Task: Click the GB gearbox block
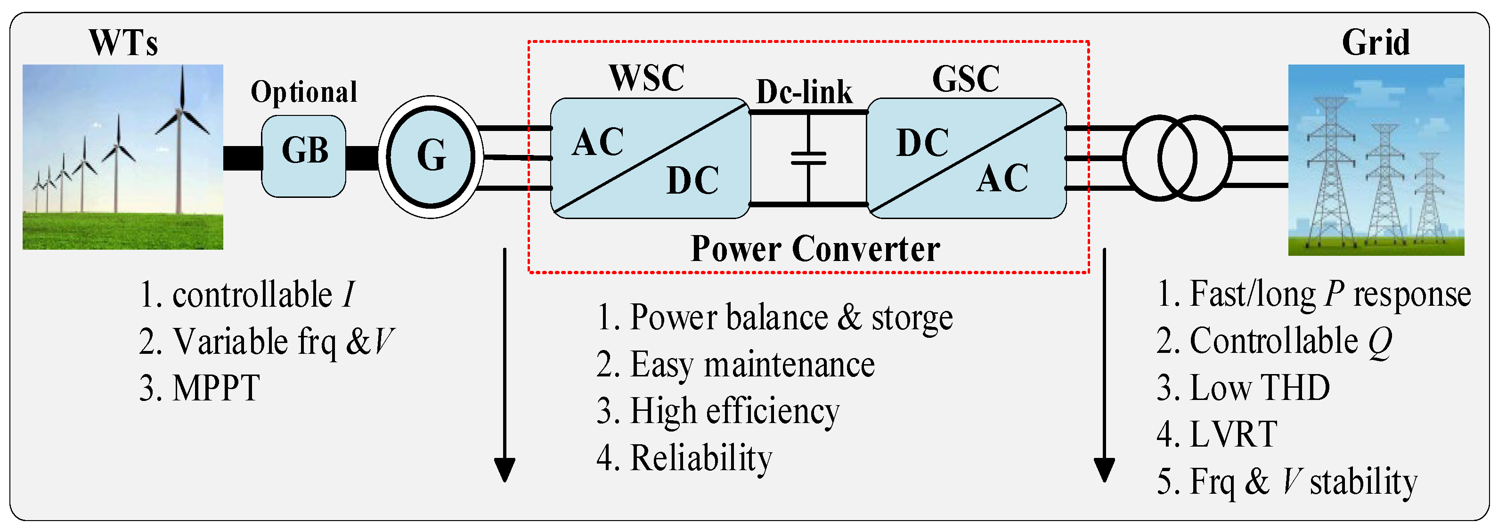pyautogui.click(x=303, y=156)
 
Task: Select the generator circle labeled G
pyautogui.click(x=431, y=156)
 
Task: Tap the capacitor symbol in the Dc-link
pyautogui.click(x=808, y=158)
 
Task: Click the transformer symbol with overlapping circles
pyautogui.click(x=1177, y=158)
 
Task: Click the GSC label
pyautogui.click(x=966, y=79)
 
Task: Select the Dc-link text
pyautogui.click(x=804, y=92)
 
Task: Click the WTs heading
pyautogui.click(x=123, y=42)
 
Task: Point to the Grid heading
pyautogui.click(x=1376, y=42)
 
